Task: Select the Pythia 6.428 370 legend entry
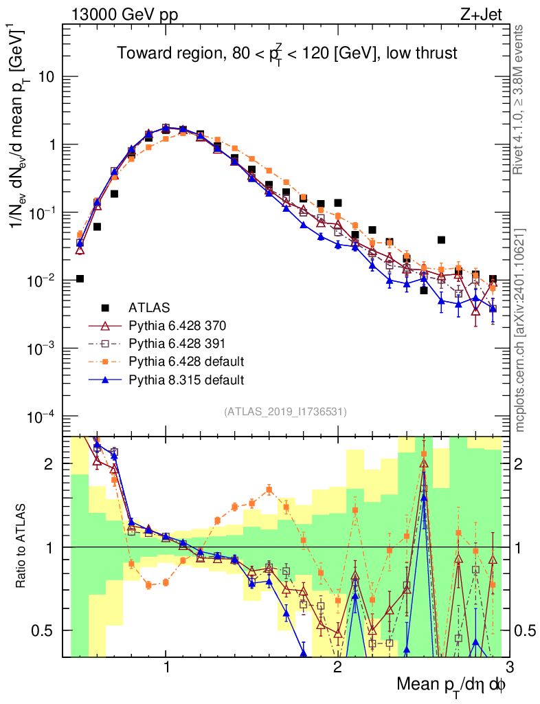coord(171,325)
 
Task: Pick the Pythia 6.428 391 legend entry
coord(171,343)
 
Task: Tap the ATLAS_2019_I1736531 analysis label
coord(285,412)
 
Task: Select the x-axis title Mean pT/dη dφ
coord(451,684)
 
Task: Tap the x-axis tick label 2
coord(337,668)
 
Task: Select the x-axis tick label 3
coord(508,668)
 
